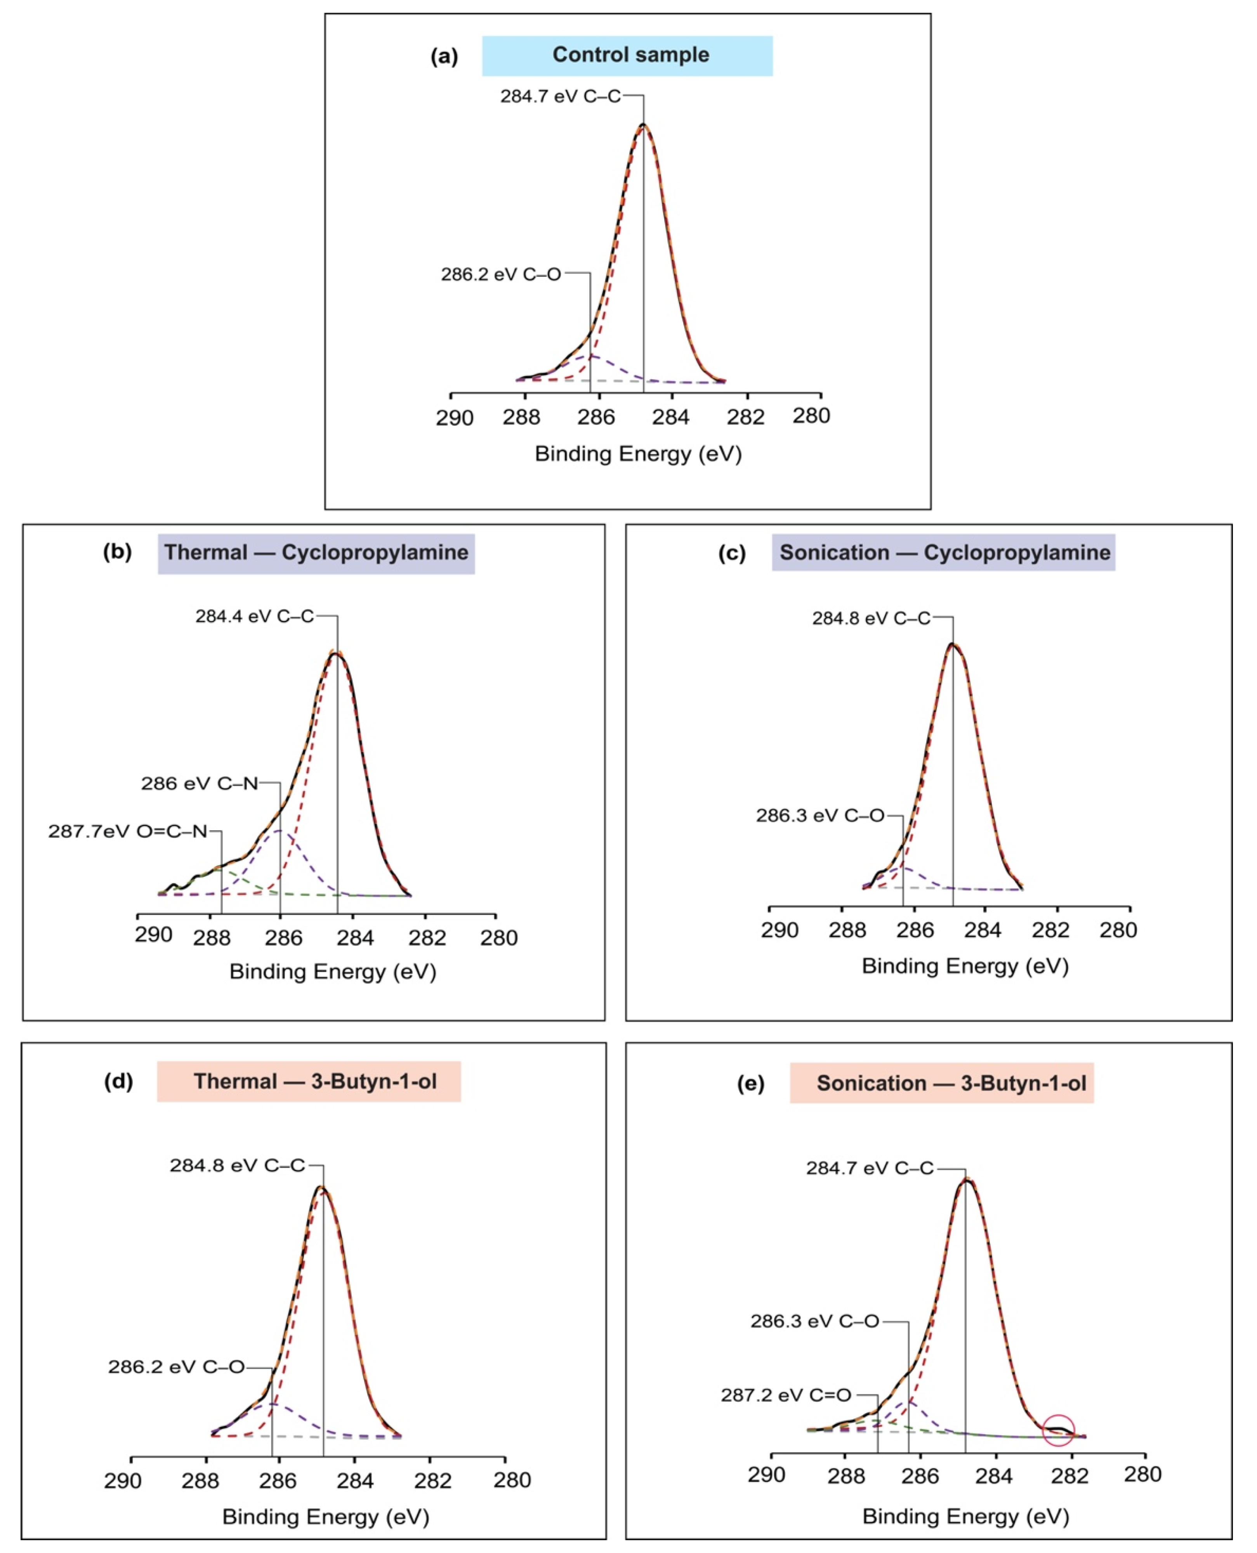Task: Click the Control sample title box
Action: point(627,56)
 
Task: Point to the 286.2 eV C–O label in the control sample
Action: point(501,274)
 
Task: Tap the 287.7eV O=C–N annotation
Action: point(127,831)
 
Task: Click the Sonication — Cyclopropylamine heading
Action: point(943,553)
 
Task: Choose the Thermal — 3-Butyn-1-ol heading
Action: point(309,1082)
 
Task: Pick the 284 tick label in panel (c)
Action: point(983,930)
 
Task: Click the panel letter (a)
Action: point(444,56)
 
